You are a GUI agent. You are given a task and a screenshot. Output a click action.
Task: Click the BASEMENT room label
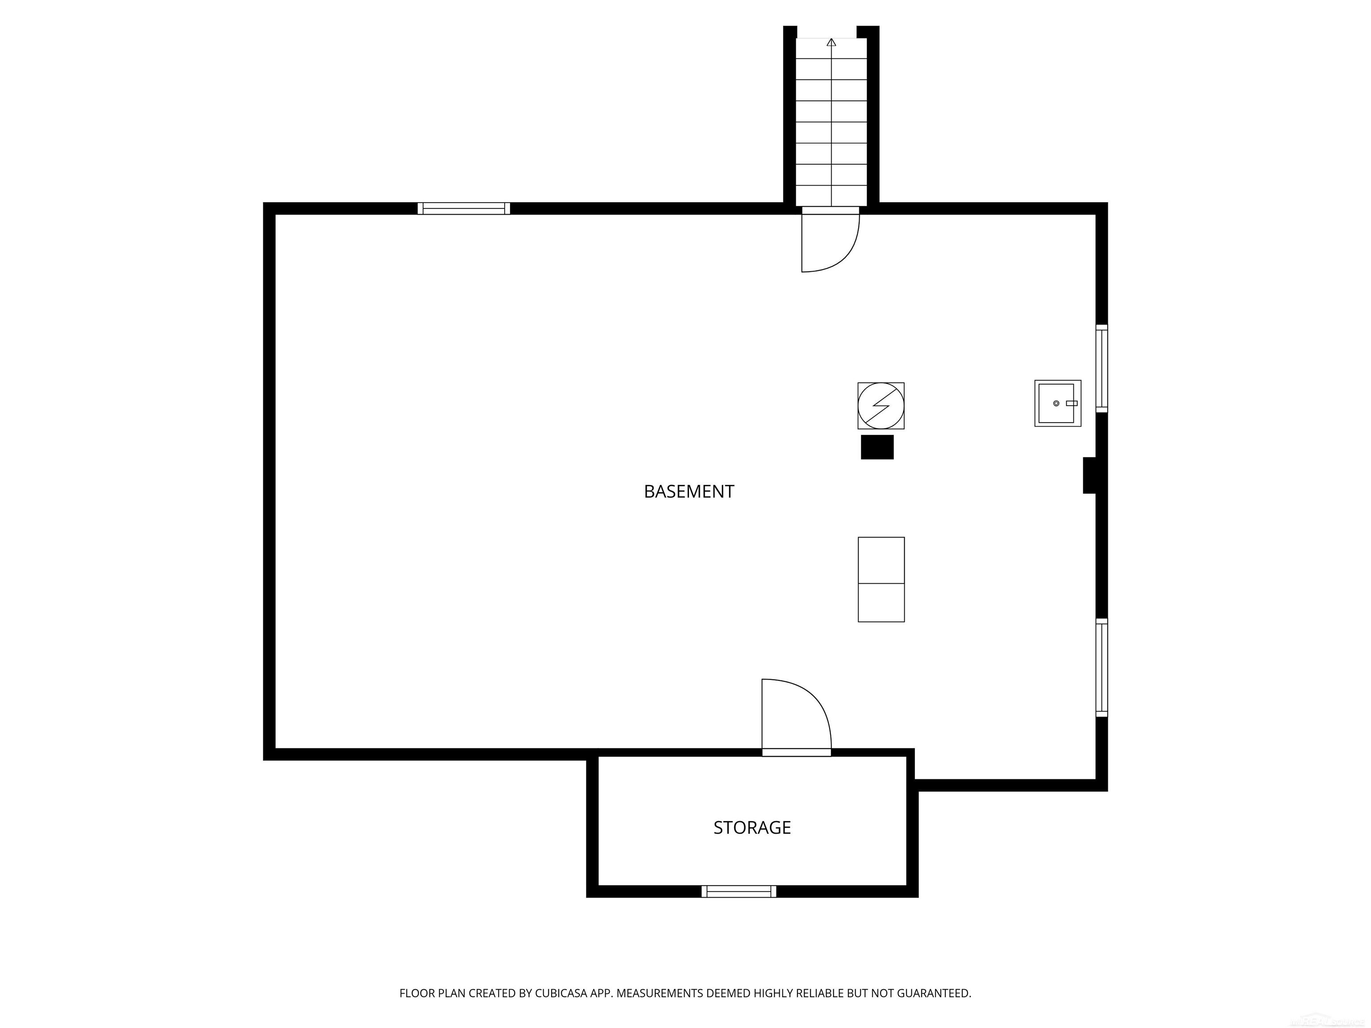[689, 491]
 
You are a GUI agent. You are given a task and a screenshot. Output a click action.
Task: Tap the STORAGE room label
[752, 828]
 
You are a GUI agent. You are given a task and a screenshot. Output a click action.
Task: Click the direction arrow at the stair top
[831, 42]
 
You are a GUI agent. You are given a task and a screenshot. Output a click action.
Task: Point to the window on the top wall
[464, 208]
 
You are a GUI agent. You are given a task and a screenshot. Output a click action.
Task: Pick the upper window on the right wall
[1101, 368]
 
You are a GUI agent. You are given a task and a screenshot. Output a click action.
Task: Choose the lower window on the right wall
[1101, 667]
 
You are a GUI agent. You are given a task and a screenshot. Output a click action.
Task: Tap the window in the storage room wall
[738, 891]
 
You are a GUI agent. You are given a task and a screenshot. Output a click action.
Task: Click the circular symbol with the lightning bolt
[881, 406]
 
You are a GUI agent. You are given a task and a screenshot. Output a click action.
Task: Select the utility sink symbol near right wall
[1057, 403]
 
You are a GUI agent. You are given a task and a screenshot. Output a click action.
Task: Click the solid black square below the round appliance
[877, 447]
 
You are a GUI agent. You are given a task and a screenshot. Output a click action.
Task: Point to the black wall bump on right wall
[1089, 475]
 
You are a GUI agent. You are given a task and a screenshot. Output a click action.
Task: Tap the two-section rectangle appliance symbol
[881, 580]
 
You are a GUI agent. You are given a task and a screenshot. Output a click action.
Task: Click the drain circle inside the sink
[1056, 403]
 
